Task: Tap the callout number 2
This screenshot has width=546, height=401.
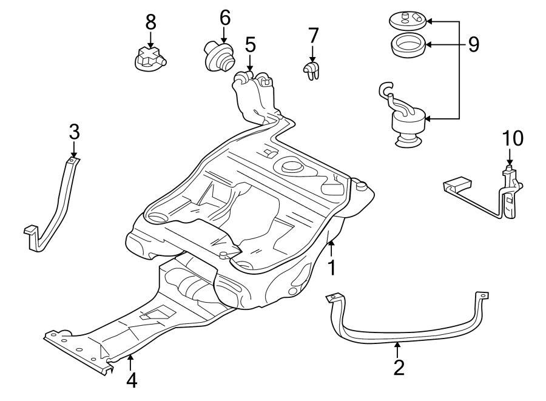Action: point(398,367)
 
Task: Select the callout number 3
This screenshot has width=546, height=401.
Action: point(74,130)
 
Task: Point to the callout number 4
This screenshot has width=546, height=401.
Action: point(131,380)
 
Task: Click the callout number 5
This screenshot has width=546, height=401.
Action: point(250,44)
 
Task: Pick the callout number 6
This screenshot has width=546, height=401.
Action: point(225,18)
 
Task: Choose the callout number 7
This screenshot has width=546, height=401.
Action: point(313,36)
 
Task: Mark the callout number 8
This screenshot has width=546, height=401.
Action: point(150,22)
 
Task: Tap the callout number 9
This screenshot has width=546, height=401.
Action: point(474,44)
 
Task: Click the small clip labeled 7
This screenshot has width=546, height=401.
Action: point(312,70)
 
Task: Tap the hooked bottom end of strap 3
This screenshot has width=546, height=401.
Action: point(33,237)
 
